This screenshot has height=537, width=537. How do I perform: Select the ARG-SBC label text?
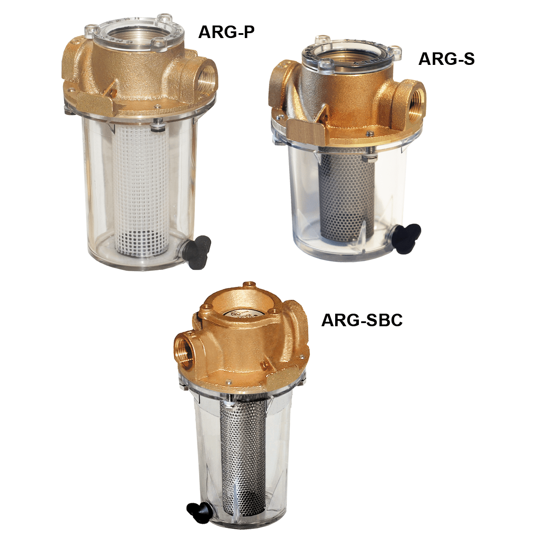click(362, 320)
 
